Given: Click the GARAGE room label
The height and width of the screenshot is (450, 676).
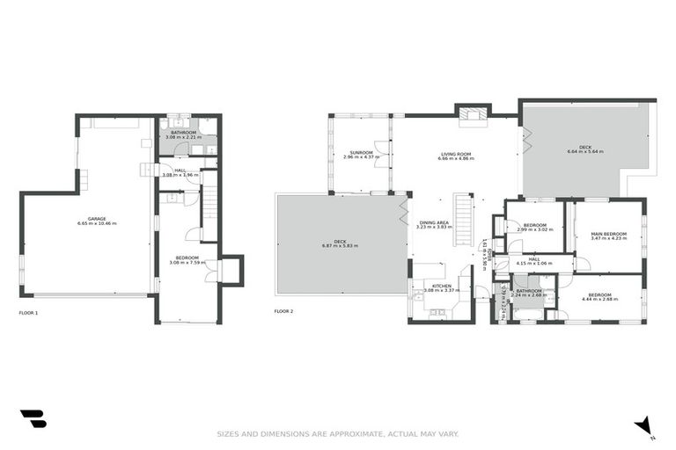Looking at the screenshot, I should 97,219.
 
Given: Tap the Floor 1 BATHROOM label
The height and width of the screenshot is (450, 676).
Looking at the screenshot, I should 183,133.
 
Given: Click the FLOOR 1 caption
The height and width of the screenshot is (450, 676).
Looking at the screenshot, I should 28,312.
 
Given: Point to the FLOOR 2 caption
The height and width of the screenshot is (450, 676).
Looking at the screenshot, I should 283,312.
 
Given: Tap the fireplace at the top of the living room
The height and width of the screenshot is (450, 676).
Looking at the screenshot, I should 473,112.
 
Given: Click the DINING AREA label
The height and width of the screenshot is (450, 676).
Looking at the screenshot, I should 433,222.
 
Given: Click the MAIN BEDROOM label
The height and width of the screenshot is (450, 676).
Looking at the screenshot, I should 608,233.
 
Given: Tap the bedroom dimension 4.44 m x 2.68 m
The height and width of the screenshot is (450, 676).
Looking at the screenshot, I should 599,299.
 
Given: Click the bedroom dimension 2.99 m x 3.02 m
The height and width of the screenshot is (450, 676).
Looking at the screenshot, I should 537,229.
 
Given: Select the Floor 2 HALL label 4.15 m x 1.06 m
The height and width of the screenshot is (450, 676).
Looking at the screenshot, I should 533,262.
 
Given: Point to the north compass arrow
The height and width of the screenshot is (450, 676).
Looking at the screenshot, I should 645,426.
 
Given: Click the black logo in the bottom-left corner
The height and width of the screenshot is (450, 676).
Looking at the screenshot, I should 33,419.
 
